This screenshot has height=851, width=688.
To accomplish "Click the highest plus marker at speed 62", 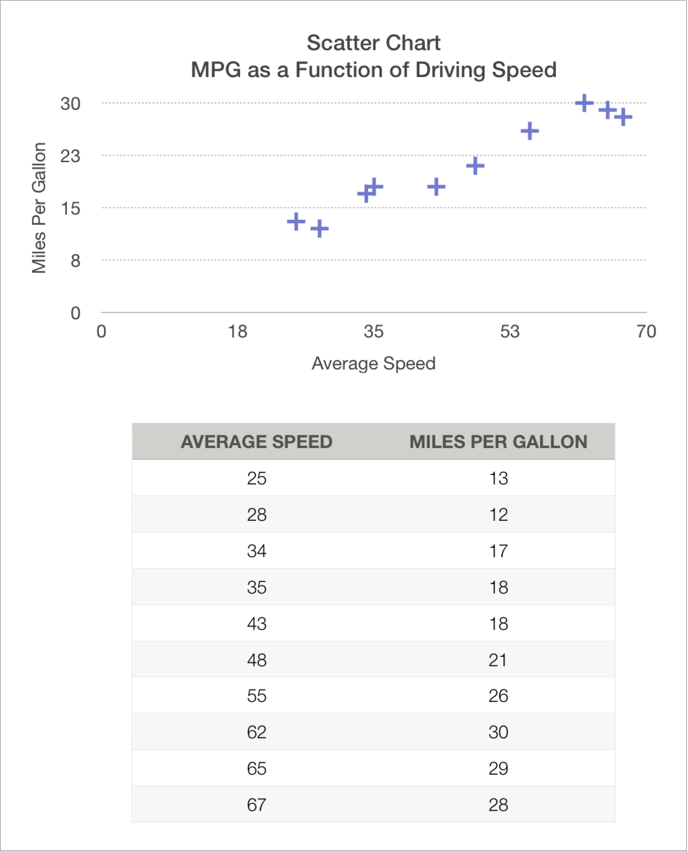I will pyautogui.click(x=584, y=103).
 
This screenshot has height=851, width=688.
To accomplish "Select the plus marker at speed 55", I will pyautogui.click(x=529, y=131).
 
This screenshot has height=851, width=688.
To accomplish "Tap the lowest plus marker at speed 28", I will pyautogui.click(x=319, y=229).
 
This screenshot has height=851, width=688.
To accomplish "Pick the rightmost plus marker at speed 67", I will pyautogui.click(x=623, y=117).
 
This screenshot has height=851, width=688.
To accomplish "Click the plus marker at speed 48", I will pyautogui.click(x=475, y=166).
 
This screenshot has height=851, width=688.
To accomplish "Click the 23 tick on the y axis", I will pyautogui.click(x=70, y=156).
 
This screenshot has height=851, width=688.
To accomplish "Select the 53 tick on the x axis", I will pyautogui.click(x=510, y=331).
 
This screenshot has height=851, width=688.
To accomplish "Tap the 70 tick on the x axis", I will pyautogui.click(x=646, y=331).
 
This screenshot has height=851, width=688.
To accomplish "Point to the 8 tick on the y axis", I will pyautogui.click(x=75, y=261).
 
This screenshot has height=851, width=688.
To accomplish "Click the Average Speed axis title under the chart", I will pyautogui.click(x=373, y=363).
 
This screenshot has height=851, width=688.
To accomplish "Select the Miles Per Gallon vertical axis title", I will pyautogui.click(x=39, y=208).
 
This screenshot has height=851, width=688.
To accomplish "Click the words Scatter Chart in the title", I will pyautogui.click(x=373, y=43).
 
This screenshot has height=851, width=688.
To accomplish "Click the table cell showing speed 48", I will pyautogui.click(x=256, y=660).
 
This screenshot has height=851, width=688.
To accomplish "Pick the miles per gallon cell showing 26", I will pyautogui.click(x=498, y=696).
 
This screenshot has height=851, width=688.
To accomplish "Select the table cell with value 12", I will pyautogui.click(x=498, y=515).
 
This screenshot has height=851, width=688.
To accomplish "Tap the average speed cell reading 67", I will pyautogui.click(x=256, y=805).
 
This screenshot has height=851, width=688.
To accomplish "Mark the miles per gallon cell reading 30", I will pyautogui.click(x=498, y=732).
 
